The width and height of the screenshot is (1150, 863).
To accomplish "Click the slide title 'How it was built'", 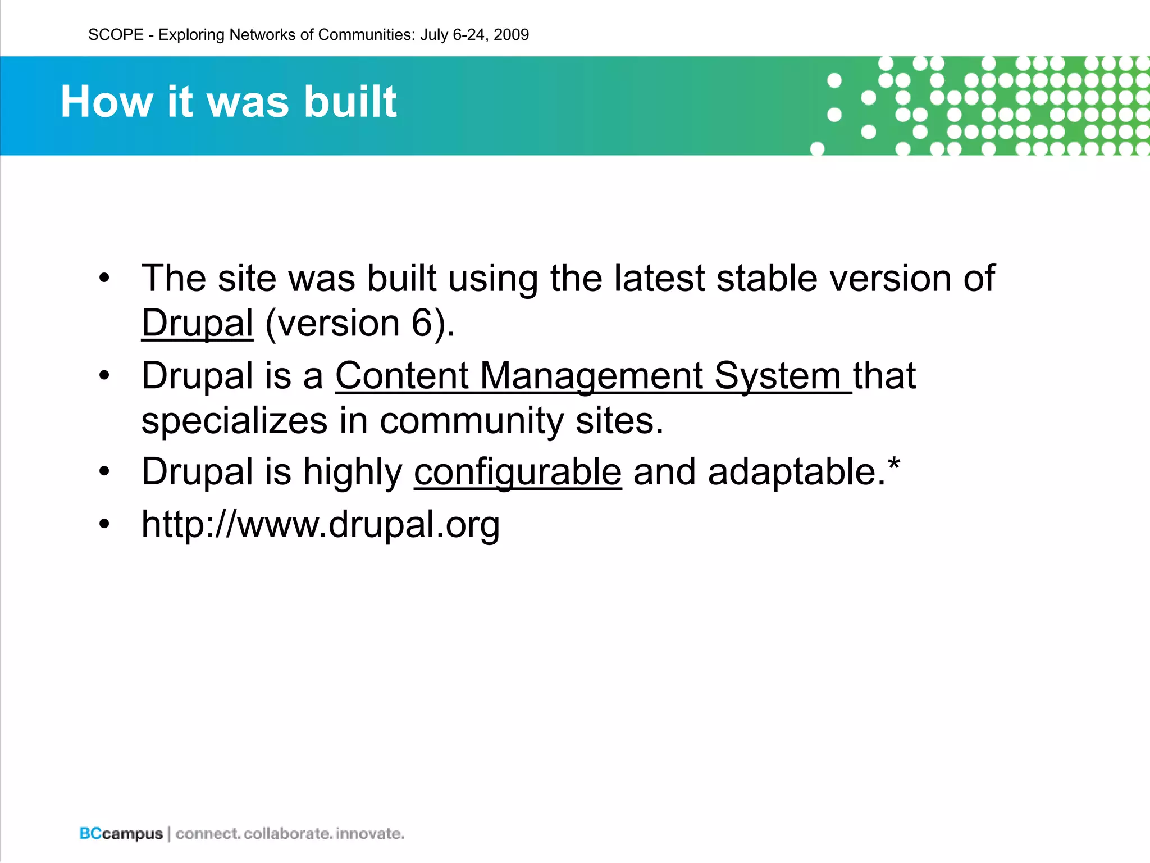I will tap(229, 102).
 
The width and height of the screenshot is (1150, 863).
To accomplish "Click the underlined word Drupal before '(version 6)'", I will tap(197, 324).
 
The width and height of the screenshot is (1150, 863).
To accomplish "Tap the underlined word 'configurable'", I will tap(517, 471).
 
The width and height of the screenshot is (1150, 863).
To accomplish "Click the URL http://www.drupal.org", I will tap(320, 524).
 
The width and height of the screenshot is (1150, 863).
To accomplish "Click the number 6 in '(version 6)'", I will tap(422, 324).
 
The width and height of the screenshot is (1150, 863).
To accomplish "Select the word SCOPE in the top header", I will tap(116, 35).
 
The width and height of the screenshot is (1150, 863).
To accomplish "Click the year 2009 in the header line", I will tap(511, 35).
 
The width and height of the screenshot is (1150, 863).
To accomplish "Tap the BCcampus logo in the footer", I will tap(121, 833).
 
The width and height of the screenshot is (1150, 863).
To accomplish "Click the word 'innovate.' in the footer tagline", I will tap(370, 833).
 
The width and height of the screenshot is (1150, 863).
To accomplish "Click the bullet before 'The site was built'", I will tap(104, 278).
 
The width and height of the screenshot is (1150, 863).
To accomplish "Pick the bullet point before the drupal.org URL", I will tap(104, 524).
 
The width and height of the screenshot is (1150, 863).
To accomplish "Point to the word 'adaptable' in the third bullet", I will tap(791, 471).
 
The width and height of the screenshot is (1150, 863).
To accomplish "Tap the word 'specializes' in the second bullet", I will tap(234, 421).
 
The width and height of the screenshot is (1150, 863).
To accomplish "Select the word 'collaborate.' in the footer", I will tap(287, 833).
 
